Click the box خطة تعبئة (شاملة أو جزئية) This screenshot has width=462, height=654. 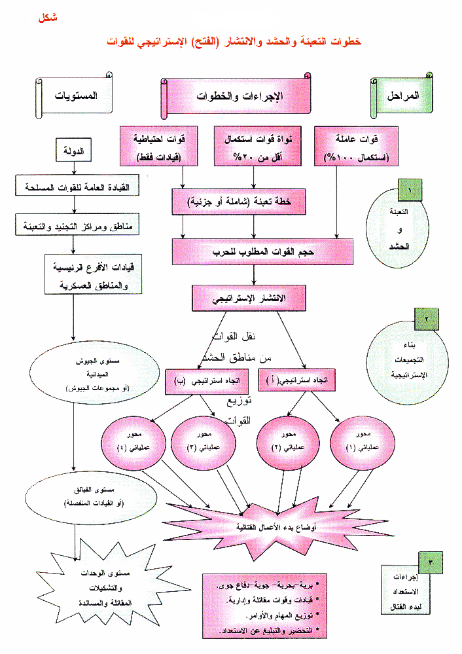tap(240, 203)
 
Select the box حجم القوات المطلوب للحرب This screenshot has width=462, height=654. tap(263, 250)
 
